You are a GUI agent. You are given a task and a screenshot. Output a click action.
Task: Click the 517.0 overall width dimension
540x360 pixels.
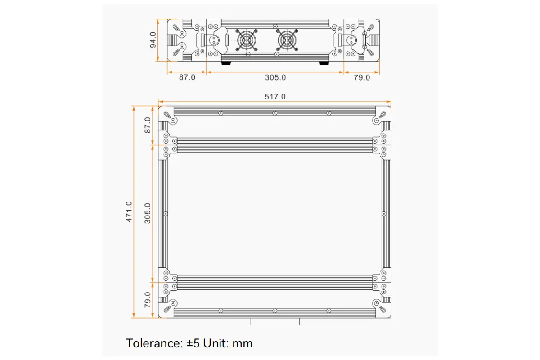click(275, 97)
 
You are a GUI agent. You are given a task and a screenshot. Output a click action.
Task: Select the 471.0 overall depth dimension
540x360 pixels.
click(129, 211)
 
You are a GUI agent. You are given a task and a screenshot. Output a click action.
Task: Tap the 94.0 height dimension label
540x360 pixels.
click(153, 40)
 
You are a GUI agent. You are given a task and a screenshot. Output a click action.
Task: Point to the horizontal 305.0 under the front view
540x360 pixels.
click(275, 77)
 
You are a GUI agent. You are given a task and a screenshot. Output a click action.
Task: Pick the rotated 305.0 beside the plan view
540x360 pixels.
click(148, 212)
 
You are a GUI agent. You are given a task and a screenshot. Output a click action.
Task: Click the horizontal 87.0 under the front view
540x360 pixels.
click(187, 77)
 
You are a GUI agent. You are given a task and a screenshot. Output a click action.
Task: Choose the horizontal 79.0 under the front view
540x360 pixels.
click(362, 77)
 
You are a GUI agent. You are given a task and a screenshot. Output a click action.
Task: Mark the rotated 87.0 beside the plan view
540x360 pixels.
click(148, 125)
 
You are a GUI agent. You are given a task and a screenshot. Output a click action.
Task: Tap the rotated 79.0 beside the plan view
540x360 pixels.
click(148, 300)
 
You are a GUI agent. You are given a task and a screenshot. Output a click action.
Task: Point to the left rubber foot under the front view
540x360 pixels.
click(226, 63)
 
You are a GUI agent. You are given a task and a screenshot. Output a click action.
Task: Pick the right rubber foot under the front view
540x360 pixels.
click(324, 63)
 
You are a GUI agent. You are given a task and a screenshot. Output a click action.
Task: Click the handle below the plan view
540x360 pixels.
click(274, 321)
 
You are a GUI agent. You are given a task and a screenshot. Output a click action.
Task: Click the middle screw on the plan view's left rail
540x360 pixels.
click(166, 213)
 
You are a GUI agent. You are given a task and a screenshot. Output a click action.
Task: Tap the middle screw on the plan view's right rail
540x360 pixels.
click(383, 213)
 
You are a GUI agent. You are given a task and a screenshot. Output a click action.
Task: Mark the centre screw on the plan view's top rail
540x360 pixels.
click(274, 113)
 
